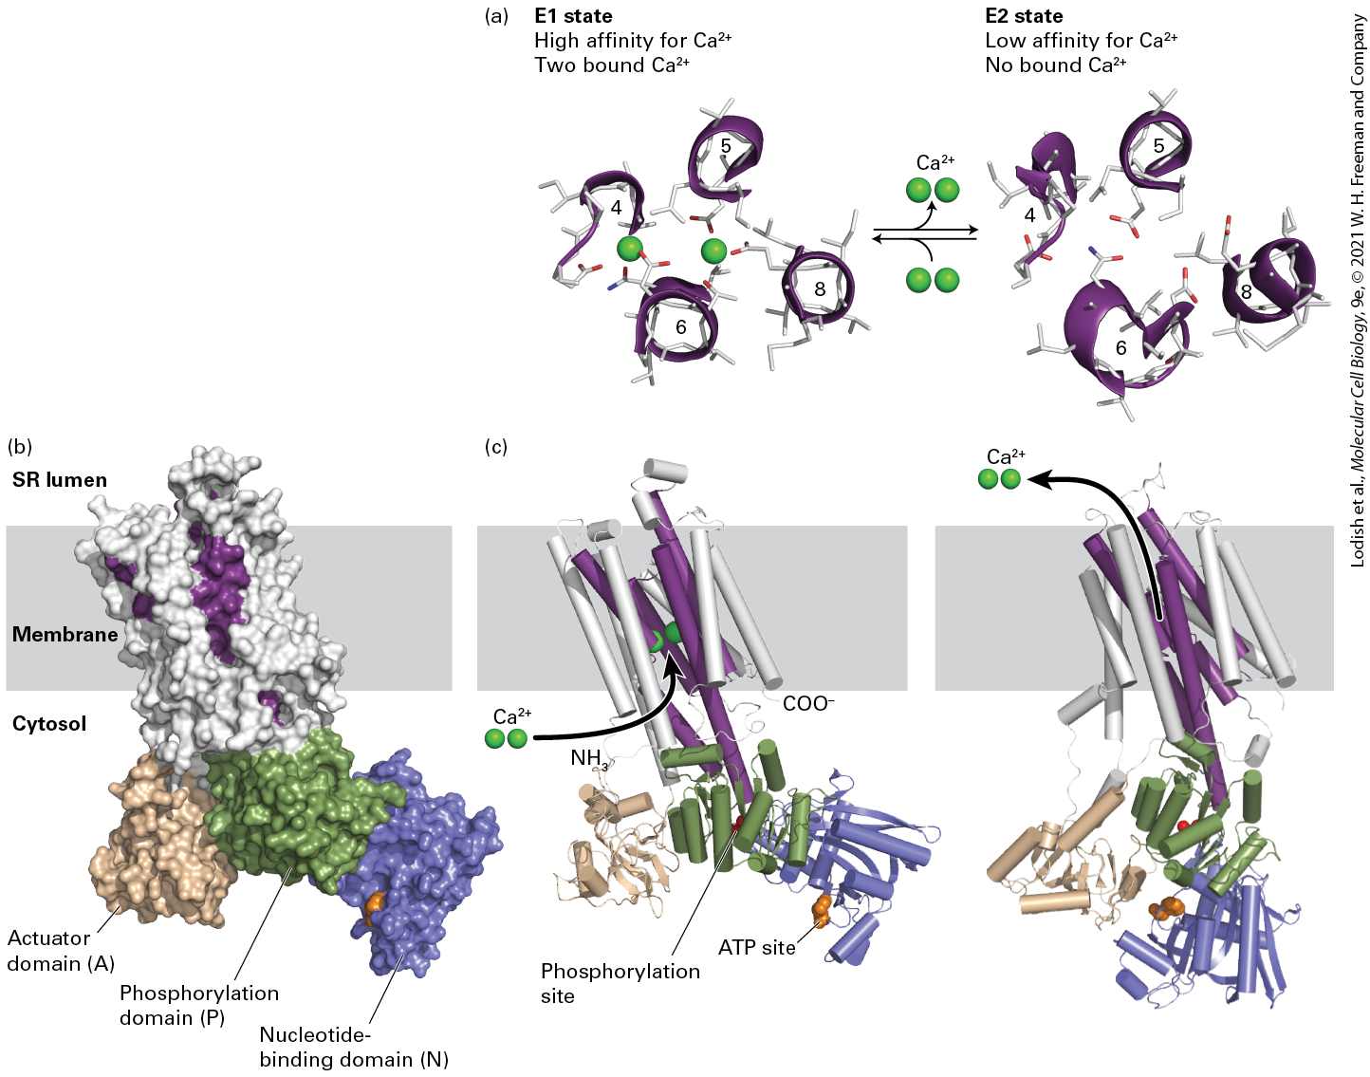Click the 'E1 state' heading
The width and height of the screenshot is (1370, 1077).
pyautogui.click(x=573, y=16)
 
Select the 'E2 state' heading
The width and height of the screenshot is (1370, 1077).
pyautogui.click(x=1024, y=16)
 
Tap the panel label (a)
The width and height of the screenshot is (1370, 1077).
pyautogui.click(x=495, y=16)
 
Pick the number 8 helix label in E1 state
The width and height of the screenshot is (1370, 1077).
pyautogui.click(x=819, y=288)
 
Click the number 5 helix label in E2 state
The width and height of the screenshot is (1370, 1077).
pyautogui.click(x=1158, y=146)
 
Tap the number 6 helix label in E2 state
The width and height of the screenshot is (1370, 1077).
pyautogui.click(x=1121, y=347)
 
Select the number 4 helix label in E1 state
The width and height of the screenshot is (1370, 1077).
pyautogui.click(x=616, y=207)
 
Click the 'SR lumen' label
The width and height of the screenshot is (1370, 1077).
pyautogui.click(x=60, y=480)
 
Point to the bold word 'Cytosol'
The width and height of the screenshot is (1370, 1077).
pyautogui.click(x=49, y=724)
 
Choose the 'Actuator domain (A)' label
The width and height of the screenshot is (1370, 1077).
pyautogui.click(x=61, y=951)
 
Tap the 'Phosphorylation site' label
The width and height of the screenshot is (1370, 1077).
pyautogui.click(x=620, y=983)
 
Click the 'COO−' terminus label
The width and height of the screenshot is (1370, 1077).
pyautogui.click(x=808, y=703)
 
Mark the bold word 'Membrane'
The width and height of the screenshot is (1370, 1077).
pyautogui.click(x=65, y=635)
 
